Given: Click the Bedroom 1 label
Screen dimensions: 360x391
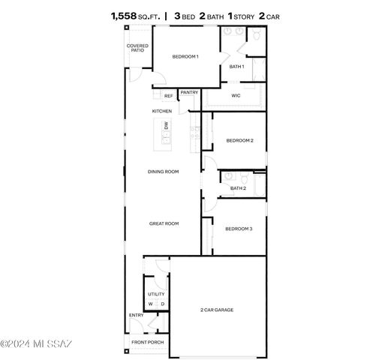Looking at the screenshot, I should pos(185,56).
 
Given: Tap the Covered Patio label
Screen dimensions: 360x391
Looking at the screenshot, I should pos(137,48).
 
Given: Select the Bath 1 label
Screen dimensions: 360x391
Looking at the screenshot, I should pos(236,67).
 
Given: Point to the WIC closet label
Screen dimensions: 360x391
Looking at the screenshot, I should pos(236,95).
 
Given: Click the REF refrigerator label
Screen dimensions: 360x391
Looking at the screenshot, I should pos(168,96).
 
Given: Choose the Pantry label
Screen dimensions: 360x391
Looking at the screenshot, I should pos(189,92).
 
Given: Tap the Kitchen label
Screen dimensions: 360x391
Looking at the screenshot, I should pos(162,111).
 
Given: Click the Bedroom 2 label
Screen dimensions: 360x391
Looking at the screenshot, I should pos(239,140).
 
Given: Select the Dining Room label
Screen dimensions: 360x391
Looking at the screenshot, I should pos(163,172).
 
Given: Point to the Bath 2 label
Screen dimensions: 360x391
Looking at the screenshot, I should pos(238,188).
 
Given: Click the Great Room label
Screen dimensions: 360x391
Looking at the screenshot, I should pos(163,223).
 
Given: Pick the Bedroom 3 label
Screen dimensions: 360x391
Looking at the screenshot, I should pos(239,229).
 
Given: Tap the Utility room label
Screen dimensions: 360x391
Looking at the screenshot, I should pos(156,294).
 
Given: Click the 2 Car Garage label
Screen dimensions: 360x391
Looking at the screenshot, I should pos(216,309).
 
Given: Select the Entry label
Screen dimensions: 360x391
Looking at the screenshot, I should pos(136,315).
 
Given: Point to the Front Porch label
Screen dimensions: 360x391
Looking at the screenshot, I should pos(148,342).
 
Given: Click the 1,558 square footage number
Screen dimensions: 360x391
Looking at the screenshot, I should pos(125,14).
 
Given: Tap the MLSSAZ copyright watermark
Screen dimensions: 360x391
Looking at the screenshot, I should pos(36,344).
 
